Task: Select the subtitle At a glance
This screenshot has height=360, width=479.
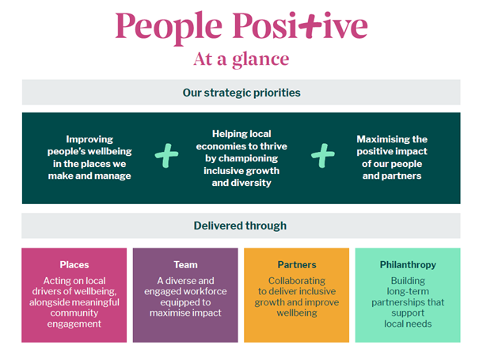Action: click(x=241, y=59)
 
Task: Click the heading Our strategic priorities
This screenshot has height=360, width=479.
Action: click(x=241, y=93)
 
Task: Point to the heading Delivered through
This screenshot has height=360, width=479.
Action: click(x=241, y=225)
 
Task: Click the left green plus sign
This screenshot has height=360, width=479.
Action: click(x=166, y=157)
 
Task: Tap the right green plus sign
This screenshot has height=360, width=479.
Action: click(x=322, y=157)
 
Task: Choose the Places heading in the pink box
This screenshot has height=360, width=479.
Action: click(x=74, y=264)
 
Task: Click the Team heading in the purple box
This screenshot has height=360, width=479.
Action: click(x=185, y=264)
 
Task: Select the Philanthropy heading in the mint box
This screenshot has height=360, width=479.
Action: click(x=408, y=264)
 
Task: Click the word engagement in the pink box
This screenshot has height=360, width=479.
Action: click(x=74, y=324)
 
